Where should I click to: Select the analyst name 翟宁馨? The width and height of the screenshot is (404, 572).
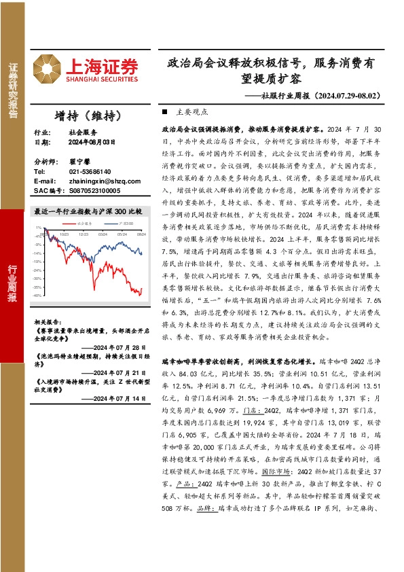click(79, 162)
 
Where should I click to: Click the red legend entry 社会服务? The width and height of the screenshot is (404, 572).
click(81, 222)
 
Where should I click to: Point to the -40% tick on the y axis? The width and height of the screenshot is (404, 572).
click(38, 296)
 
